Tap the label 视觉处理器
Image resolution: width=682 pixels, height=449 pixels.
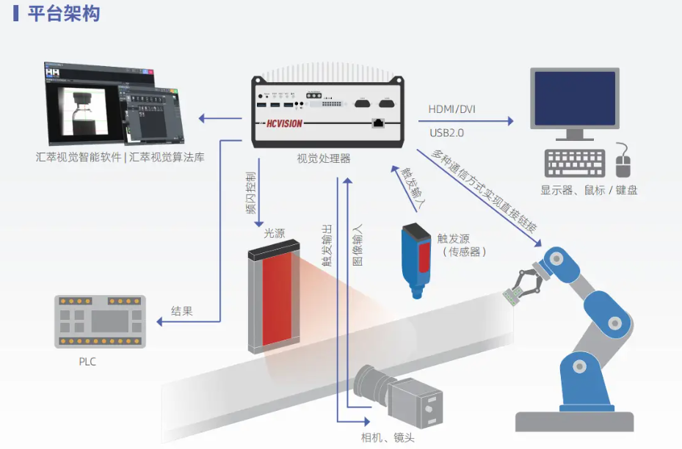pos(323,158)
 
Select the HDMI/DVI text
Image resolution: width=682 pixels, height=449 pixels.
pos(451,109)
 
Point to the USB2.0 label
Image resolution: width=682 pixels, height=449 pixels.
pos(446,133)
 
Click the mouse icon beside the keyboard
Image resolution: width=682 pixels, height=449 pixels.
pos(623,160)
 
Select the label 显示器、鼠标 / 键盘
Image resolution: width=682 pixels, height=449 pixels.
pos(589,190)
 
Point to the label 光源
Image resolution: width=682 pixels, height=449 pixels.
pos(274,233)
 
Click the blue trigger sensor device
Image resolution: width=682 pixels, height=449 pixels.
pos(416,257)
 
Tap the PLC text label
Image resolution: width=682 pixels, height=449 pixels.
pos(87,362)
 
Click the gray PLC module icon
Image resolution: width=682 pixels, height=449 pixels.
pos(100,321)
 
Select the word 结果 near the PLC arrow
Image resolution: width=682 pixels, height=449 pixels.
pos(181,311)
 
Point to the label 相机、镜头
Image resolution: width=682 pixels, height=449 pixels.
pos(388,438)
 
